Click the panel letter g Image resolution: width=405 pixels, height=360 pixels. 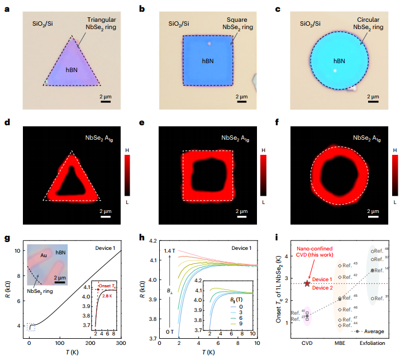[7, 238]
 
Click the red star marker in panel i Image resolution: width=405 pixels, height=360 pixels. [308, 283]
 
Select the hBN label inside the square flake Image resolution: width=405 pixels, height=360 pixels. [207, 60]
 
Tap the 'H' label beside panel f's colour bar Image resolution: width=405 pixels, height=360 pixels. [396, 151]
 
